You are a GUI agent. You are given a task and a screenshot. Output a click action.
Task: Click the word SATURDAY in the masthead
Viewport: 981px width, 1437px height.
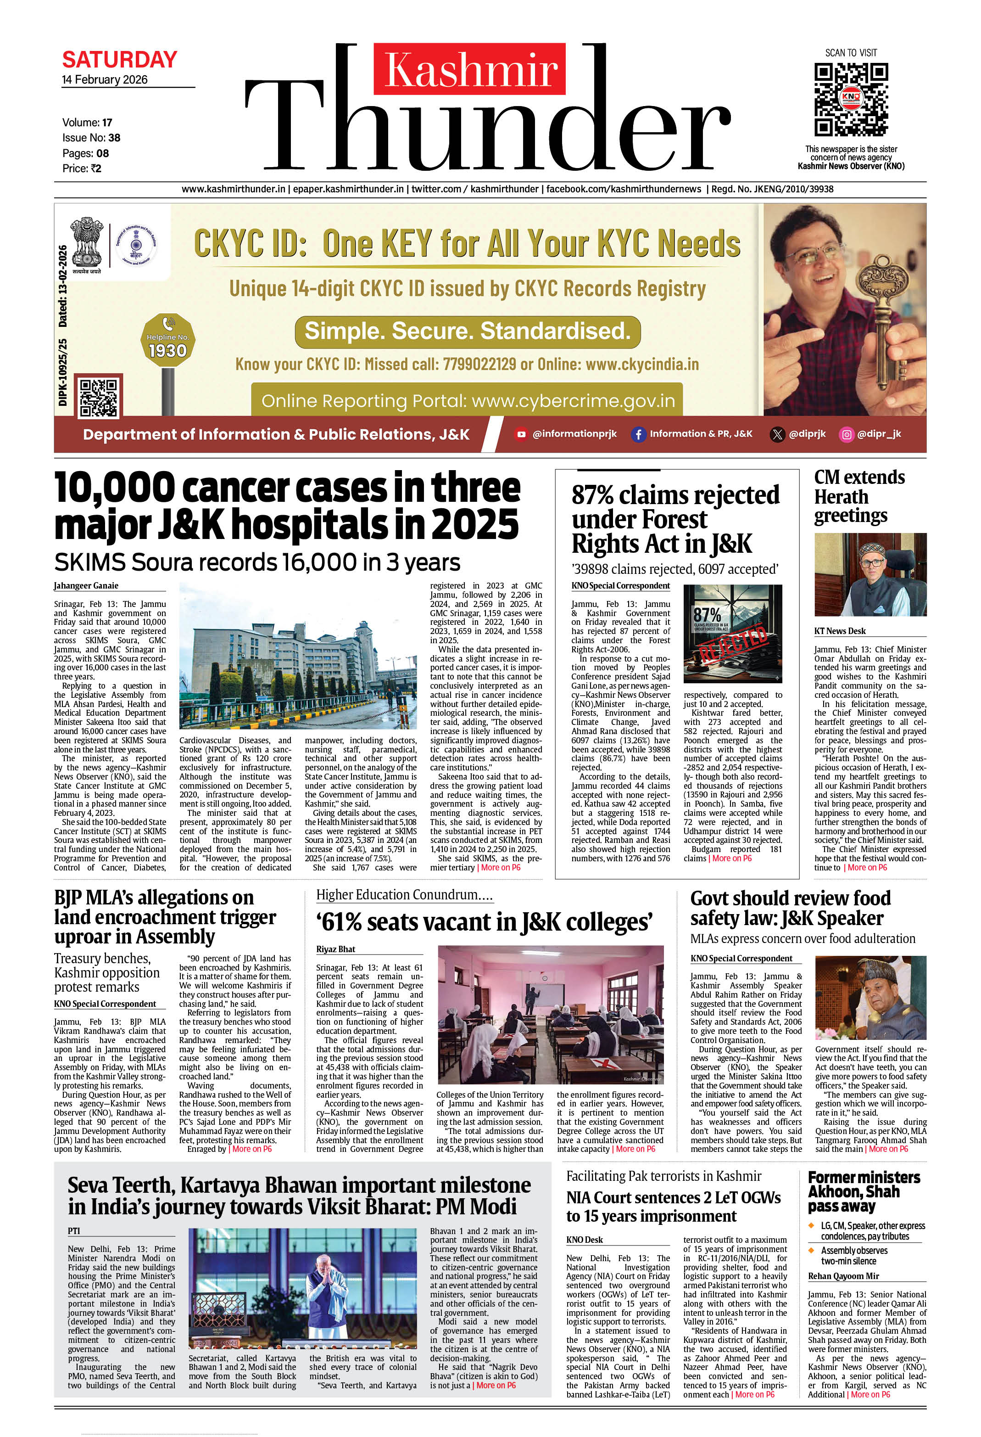[119, 60]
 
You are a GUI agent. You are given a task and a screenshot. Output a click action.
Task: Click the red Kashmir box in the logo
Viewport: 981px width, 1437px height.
[469, 68]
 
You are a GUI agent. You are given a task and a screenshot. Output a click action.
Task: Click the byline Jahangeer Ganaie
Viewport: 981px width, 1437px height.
[86, 585]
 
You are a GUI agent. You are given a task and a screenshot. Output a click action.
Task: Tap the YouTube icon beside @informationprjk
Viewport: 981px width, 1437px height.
[521, 434]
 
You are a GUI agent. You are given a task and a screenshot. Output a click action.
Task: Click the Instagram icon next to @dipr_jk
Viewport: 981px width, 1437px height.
[846, 434]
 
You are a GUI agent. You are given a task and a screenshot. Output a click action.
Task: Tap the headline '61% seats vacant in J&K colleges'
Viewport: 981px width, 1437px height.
[484, 922]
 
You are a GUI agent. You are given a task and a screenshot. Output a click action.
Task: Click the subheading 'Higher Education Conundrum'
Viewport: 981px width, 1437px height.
[404, 895]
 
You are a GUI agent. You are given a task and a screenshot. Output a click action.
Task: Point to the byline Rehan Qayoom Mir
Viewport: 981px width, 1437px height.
[843, 1275]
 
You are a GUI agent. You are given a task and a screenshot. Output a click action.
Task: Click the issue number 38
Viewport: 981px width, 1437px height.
[114, 138]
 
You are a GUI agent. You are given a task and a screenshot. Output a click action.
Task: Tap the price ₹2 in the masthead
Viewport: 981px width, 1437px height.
[96, 168]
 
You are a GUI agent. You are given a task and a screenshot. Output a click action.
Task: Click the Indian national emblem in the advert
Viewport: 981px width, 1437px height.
[87, 244]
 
